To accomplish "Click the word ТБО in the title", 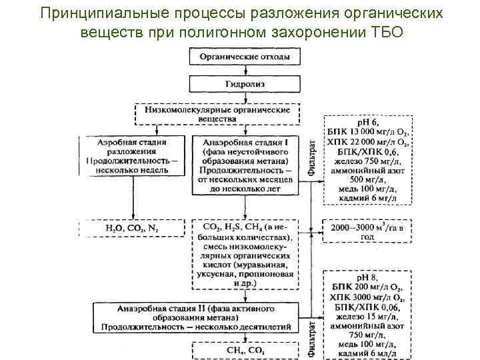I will click(x=385, y=32).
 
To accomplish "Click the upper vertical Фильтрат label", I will click(x=313, y=159).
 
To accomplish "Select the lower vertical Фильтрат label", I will click(x=313, y=335).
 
